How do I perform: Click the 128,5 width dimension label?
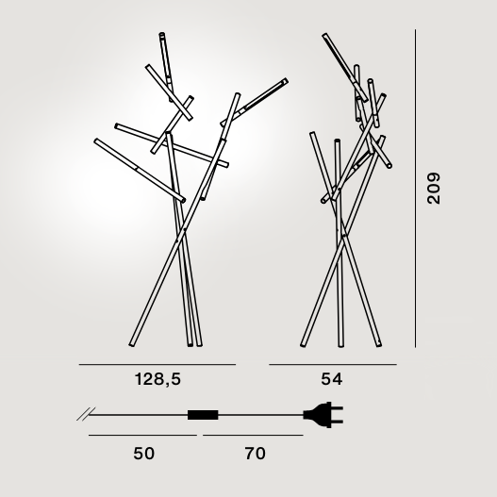click(157, 379)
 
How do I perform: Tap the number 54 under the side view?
click(332, 379)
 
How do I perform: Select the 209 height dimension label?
click(434, 189)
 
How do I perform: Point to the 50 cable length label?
click(144, 454)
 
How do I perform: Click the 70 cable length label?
click(255, 454)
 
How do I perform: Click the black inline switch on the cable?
click(203, 415)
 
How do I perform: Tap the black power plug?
click(323, 415)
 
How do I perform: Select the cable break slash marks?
click(86, 414)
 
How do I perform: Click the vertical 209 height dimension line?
click(415, 189)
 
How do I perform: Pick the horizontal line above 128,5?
click(157, 365)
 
